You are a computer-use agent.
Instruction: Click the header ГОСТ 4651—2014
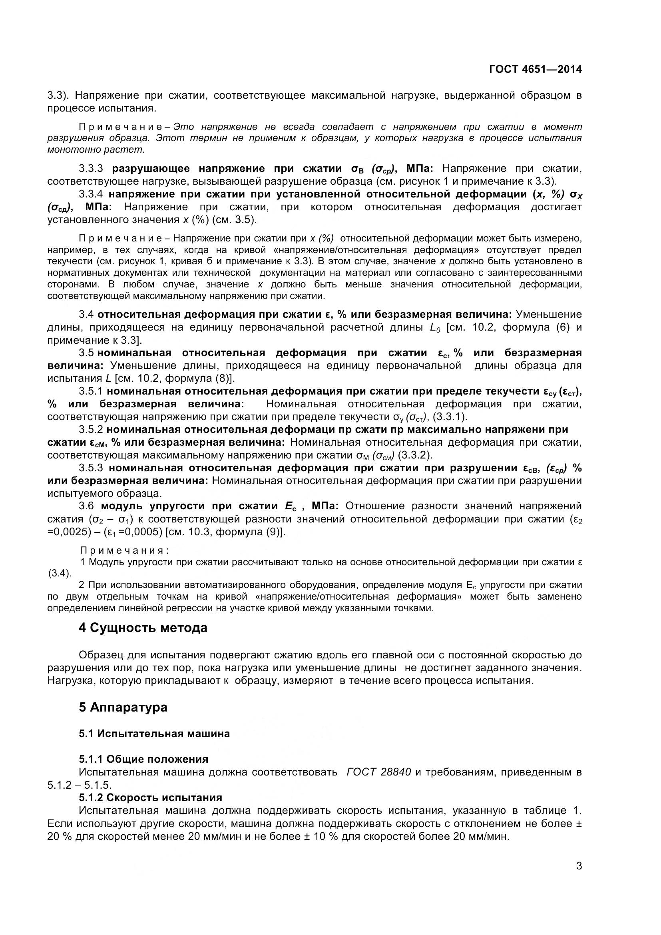[x=535, y=69]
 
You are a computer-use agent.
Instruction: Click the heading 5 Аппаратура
[x=123, y=707]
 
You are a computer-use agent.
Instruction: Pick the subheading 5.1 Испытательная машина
[x=154, y=734]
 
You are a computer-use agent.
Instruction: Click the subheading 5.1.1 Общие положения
[x=143, y=759]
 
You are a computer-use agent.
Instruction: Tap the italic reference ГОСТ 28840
[x=378, y=772]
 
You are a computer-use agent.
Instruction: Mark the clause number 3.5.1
[x=92, y=391]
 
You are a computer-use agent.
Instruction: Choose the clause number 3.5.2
[x=92, y=430]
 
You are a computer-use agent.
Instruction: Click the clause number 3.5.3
[x=92, y=468]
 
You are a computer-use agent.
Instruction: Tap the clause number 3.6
[x=86, y=506]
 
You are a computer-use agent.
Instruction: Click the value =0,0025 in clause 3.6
[x=68, y=532]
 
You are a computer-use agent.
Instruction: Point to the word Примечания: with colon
[x=124, y=551]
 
